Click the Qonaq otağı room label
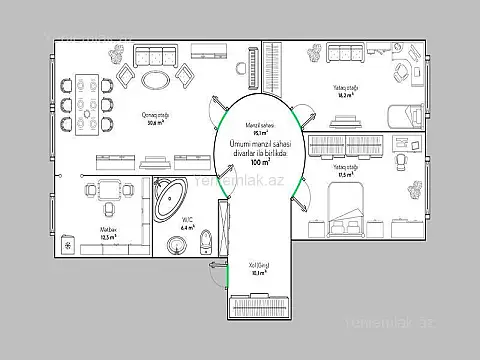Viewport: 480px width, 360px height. tap(156, 118)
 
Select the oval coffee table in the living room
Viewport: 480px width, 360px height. tap(155, 78)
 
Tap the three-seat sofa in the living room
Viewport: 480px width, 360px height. tap(155, 56)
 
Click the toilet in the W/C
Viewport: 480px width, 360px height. tap(204, 238)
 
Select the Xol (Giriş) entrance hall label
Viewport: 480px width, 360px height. tap(258, 267)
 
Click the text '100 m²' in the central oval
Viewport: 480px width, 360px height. tap(260, 161)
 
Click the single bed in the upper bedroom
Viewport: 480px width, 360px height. tap(402, 112)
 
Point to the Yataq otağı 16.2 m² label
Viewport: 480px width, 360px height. tap(346, 90)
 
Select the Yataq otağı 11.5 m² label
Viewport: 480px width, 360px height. tap(347, 172)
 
